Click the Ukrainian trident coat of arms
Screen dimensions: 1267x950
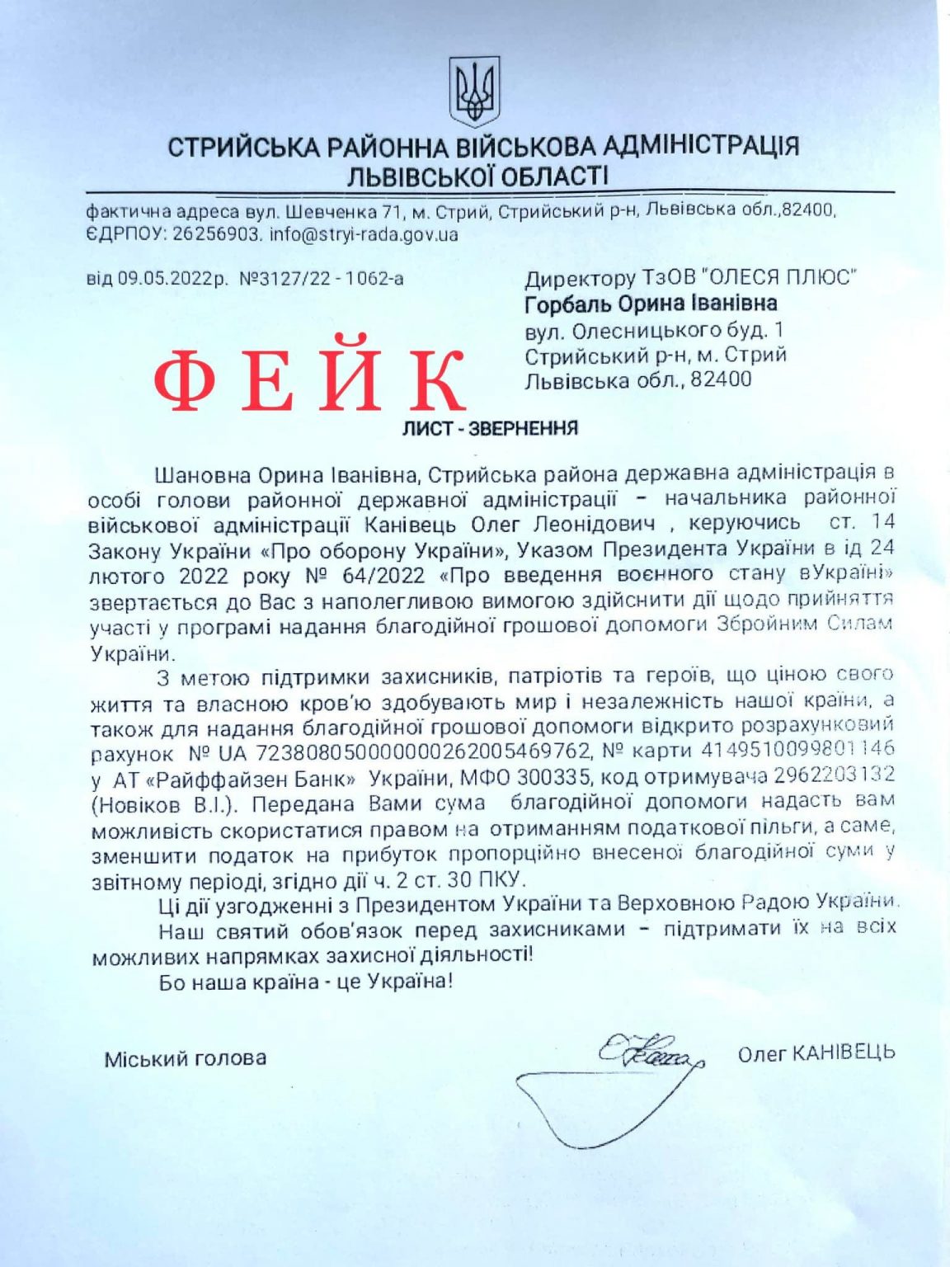474,91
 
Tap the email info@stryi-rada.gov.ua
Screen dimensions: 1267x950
364,234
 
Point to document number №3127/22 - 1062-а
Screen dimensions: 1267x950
322,278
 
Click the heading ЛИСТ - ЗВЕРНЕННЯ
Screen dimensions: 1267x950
490,428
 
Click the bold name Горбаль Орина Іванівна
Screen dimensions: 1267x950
651,304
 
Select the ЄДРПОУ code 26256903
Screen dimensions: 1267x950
217,234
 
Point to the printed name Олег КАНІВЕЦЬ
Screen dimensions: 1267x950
816,1053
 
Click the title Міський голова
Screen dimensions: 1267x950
185,1058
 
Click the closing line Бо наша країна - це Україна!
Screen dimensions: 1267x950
306,982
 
